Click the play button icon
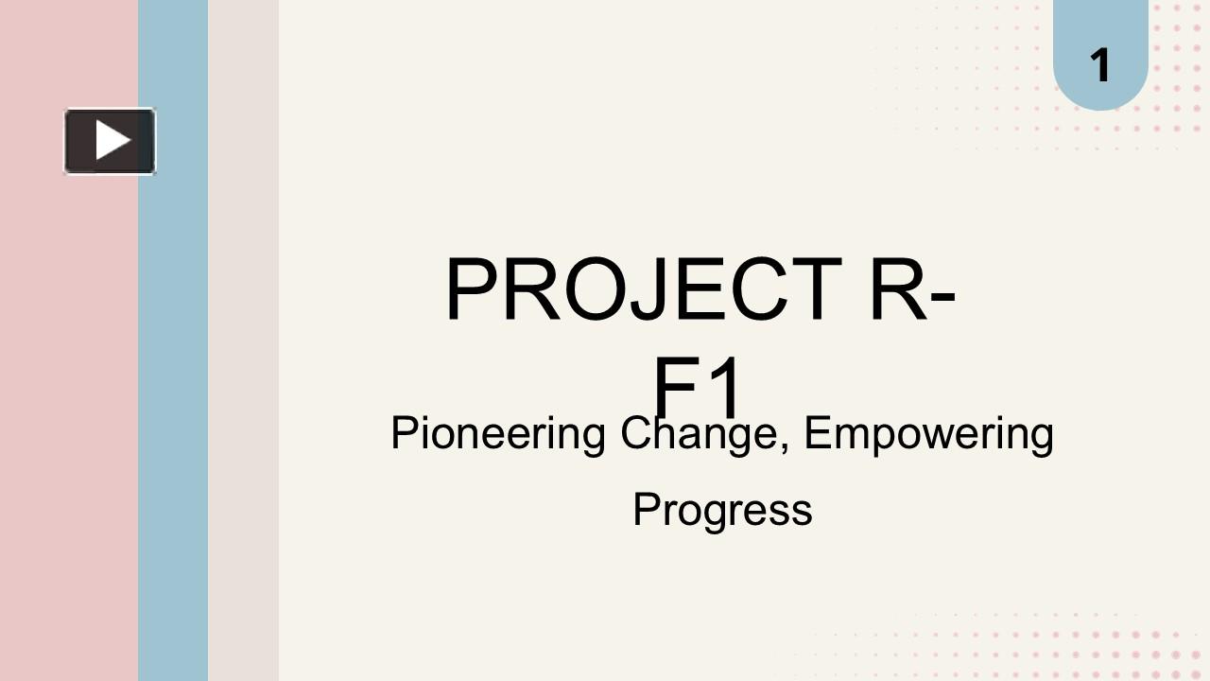click(x=110, y=141)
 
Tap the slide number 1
click(x=1099, y=65)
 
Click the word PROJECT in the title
click(x=643, y=290)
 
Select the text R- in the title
click(x=911, y=290)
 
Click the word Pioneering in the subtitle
click(x=497, y=434)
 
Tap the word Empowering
click(x=928, y=434)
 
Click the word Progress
click(x=722, y=510)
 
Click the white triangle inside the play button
click(x=112, y=141)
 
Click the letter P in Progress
click(x=646, y=509)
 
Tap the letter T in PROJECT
click(x=816, y=290)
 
